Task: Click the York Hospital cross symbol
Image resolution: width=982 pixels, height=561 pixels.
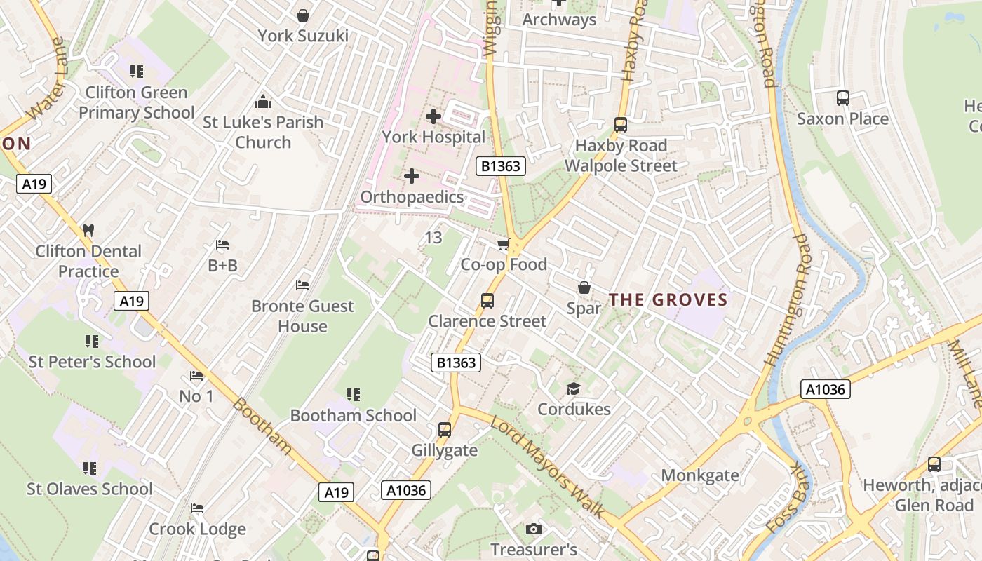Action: (433, 116)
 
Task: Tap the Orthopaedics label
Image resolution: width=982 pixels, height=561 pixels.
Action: (412, 196)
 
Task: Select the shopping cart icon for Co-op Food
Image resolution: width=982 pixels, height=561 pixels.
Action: (503, 244)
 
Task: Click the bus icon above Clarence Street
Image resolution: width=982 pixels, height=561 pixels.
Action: (487, 301)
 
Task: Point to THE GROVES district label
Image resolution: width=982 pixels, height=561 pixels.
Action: (668, 300)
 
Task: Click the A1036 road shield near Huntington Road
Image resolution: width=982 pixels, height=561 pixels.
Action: (825, 389)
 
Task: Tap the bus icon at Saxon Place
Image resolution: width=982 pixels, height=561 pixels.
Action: (843, 98)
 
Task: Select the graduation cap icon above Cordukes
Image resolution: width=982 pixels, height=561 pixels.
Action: (574, 388)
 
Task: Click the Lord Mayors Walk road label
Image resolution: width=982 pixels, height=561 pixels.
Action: (547, 466)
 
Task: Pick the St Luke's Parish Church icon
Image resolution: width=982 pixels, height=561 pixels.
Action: (263, 102)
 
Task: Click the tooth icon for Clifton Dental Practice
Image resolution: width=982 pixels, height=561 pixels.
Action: (88, 230)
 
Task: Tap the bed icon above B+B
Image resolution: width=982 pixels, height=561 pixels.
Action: (222, 245)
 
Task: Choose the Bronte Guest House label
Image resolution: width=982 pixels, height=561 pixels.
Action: (302, 316)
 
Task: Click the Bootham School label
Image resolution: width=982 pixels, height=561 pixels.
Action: (354, 415)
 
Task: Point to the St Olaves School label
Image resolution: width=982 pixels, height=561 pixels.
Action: (90, 489)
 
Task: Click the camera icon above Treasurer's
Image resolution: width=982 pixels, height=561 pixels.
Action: (534, 529)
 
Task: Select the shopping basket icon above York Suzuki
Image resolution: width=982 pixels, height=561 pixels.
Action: (303, 15)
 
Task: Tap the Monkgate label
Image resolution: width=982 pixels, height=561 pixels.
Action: (700, 475)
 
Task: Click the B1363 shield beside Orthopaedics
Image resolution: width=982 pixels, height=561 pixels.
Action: (501, 166)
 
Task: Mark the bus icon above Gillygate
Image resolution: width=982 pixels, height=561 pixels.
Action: (444, 429)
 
